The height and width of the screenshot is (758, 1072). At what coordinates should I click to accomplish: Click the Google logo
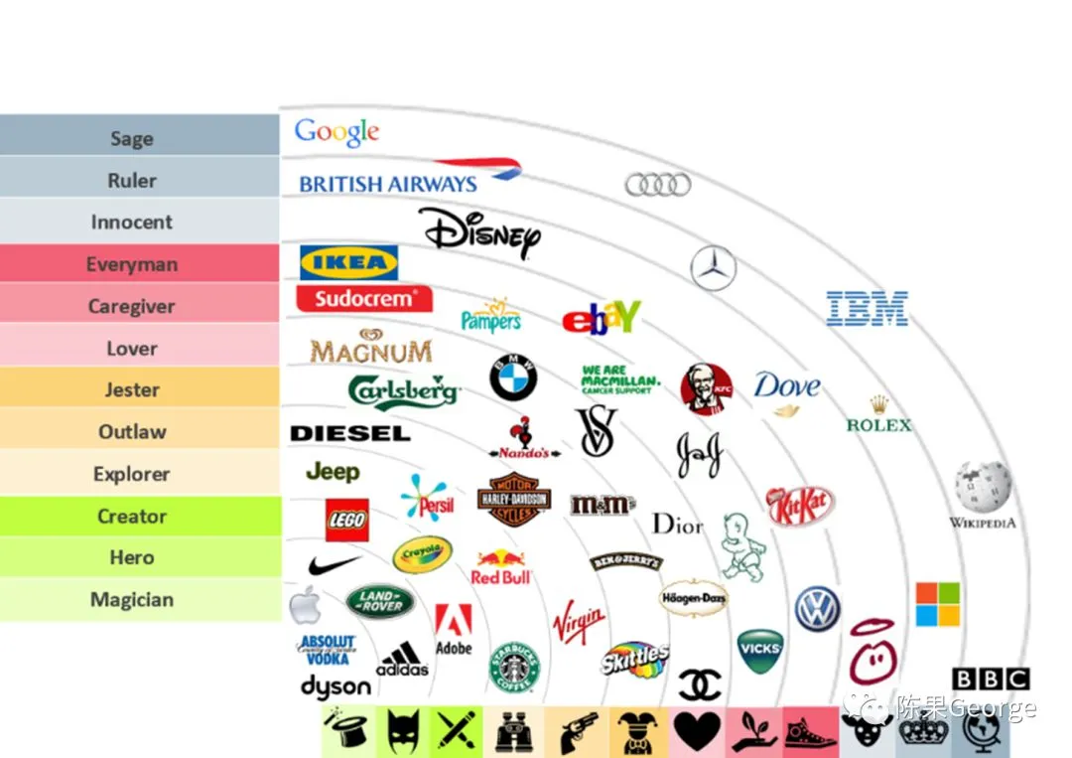(336, 132)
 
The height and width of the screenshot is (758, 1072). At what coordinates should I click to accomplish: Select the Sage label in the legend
(132, 138)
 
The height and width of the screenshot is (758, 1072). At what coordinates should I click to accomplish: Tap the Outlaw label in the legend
(132, 432)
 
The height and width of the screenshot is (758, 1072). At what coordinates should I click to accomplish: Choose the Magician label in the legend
(132, 600)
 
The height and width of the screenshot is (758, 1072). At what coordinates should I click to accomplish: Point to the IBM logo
(868, 309)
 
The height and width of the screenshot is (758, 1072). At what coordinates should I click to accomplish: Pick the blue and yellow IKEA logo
(349, 262)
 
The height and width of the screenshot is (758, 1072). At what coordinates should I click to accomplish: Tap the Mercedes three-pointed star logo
(713, 267)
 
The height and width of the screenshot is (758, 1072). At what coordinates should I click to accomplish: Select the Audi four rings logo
(658, 184)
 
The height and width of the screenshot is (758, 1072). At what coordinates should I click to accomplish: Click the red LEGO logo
(346, 520)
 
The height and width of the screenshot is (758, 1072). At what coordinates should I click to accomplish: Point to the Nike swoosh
(333, 565)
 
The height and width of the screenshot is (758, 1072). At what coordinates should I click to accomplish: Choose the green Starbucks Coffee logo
(514, 666)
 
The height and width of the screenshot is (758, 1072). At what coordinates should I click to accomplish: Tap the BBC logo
(990, 680)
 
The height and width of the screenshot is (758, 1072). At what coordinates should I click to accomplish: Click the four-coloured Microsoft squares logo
(937, 604)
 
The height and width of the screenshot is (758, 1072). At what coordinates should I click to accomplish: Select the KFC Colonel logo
(707, 388)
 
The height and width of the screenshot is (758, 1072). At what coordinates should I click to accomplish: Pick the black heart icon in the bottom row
(697, 732)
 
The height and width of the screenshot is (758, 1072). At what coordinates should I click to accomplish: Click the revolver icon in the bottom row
(578, 732)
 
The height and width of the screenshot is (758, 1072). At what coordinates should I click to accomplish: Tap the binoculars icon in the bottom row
(514, 732)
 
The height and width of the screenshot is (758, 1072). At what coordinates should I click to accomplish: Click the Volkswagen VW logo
(817, 608)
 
